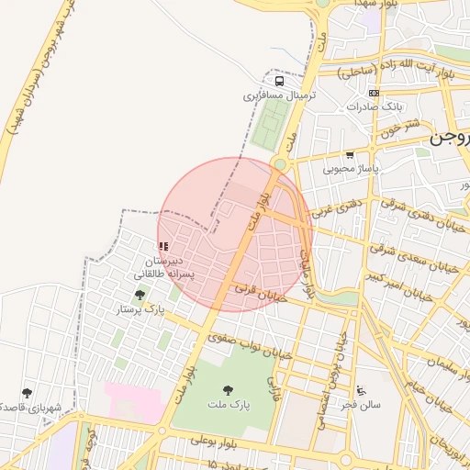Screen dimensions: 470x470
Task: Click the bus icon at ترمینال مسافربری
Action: coord(278,80)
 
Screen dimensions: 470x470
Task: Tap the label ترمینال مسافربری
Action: coord(279,95)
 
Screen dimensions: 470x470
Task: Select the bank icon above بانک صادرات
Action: coord(374,93)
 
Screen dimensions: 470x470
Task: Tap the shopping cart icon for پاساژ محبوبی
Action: coord(350,155)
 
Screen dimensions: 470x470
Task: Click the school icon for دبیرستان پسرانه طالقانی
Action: coord(163,246)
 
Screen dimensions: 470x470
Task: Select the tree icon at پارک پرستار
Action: coord(140,295)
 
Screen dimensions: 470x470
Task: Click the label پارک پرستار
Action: coord(140,309)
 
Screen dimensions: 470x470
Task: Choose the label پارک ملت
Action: coord(228,403)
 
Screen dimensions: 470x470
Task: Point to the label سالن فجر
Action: coord(361,404)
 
